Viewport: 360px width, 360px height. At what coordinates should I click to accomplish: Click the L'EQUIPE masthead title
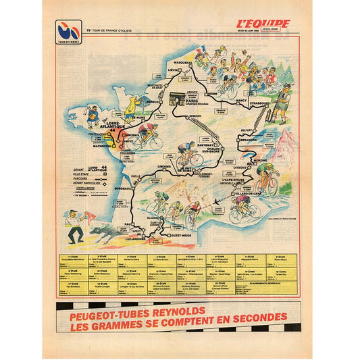coord(263,24)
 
